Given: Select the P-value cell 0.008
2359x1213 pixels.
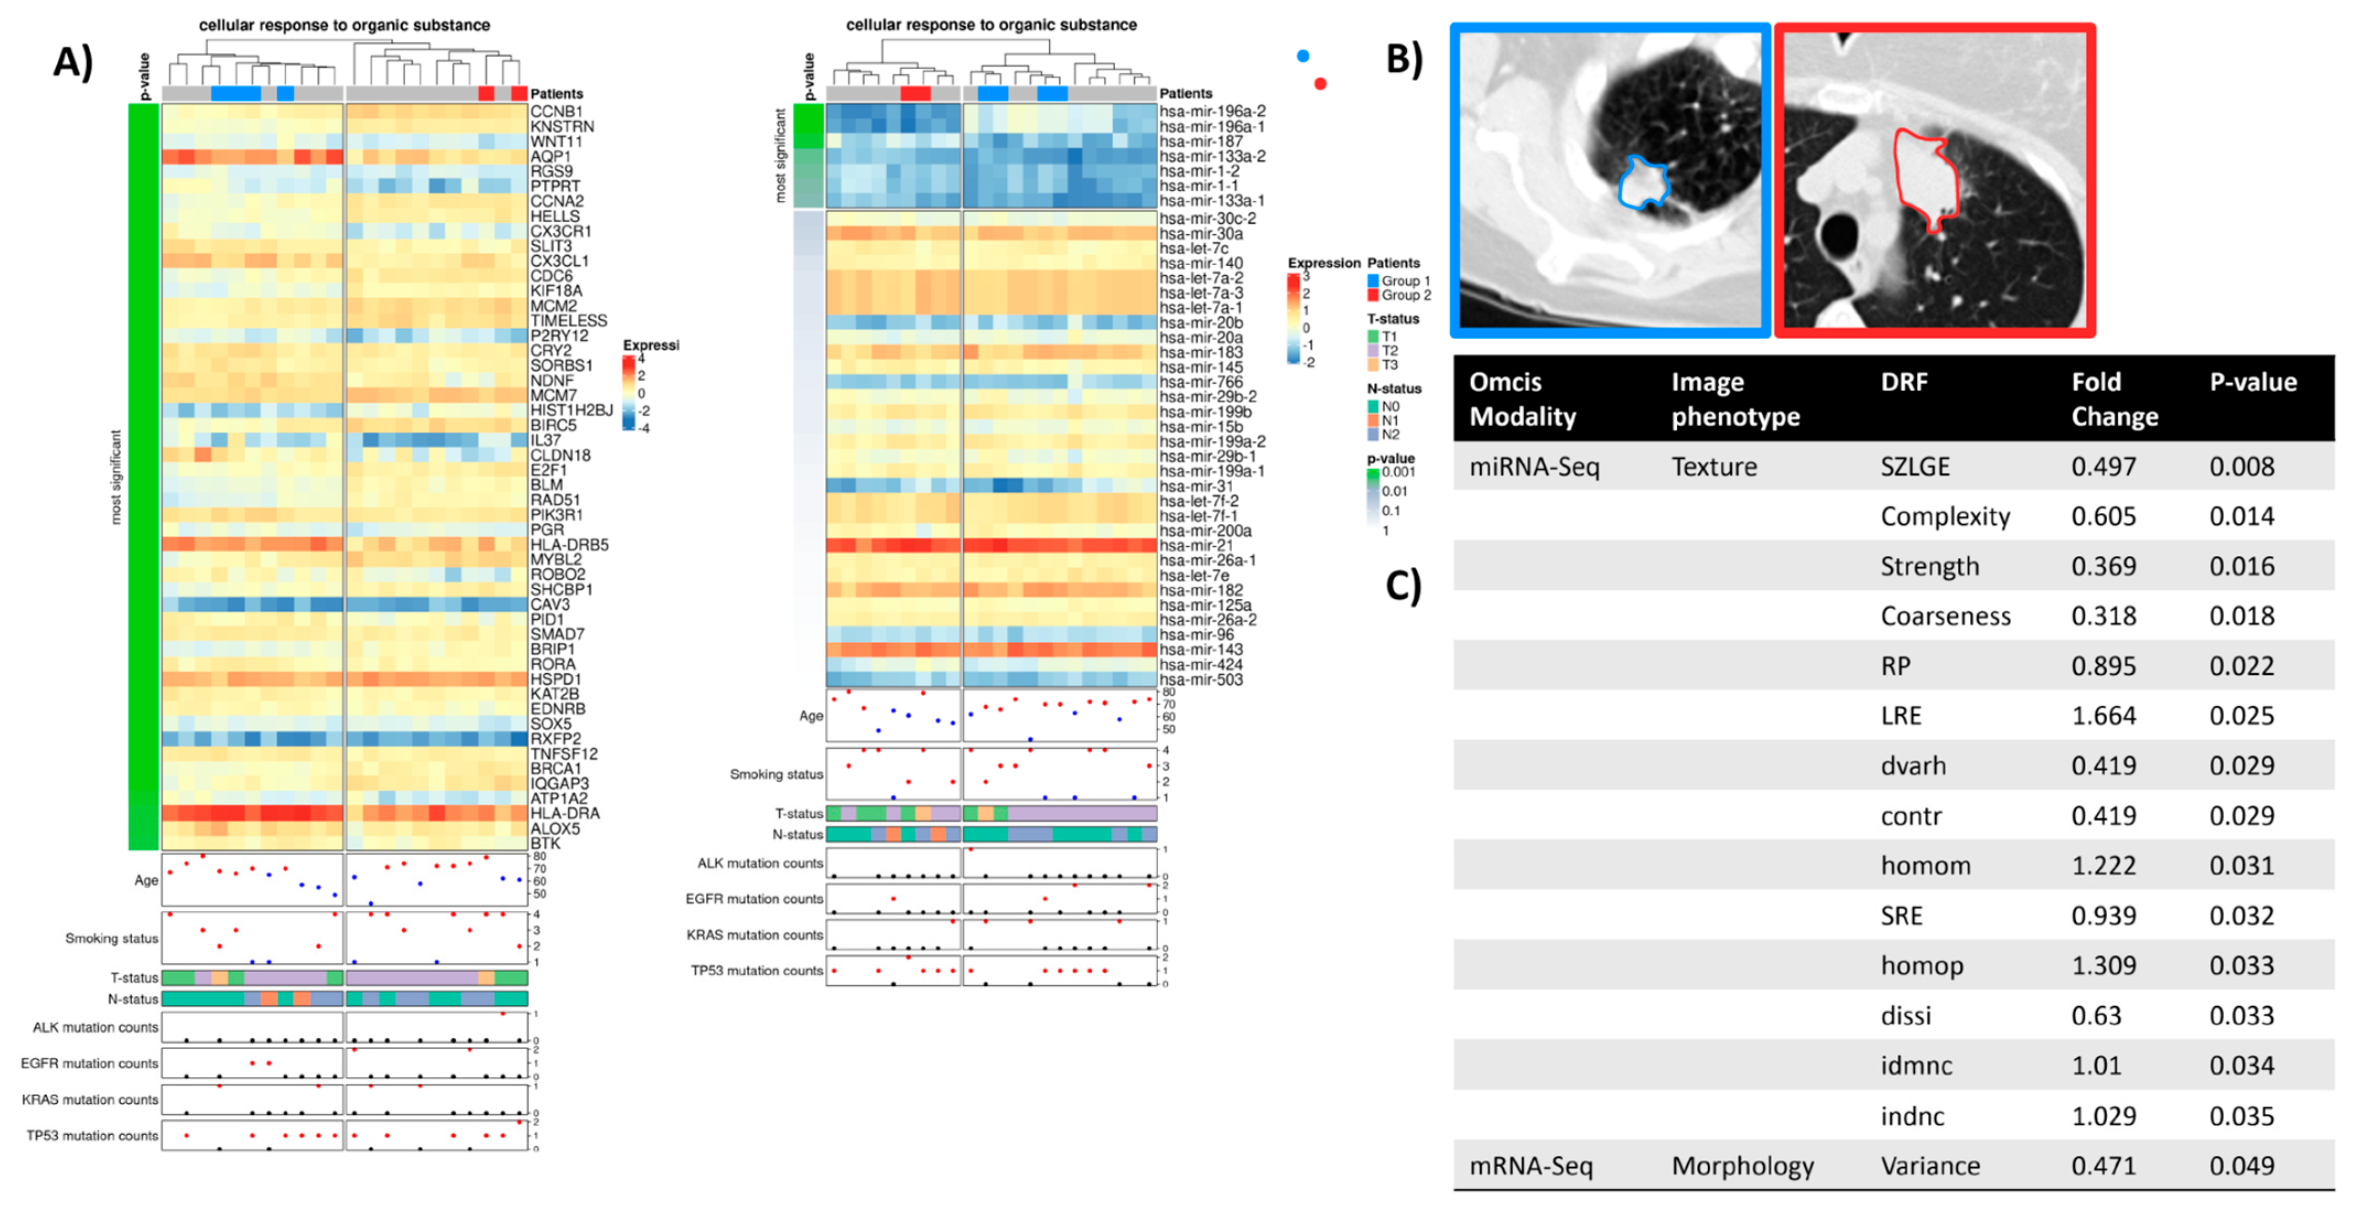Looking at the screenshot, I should tap(2242, 467).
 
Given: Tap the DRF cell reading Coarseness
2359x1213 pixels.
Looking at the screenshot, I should tap(1945, 616).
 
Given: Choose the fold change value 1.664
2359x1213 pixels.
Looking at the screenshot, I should tap(2103, 716).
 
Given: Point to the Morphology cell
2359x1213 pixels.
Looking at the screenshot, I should tap(1742, 1166).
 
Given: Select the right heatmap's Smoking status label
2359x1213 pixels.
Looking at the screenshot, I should tap(776, 774).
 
